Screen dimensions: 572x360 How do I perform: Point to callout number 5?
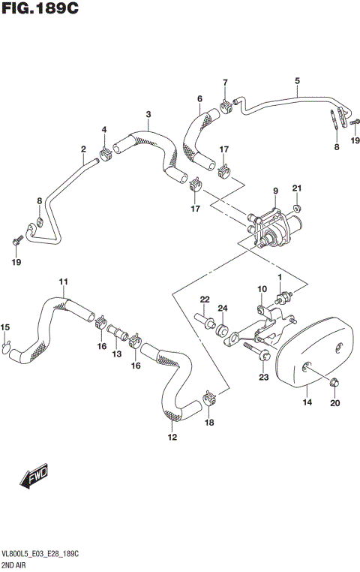tap(297, 80)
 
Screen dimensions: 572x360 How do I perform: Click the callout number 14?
tap(306, 403)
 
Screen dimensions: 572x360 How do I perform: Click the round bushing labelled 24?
tap(223, 330)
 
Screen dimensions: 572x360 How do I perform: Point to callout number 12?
tap(172, 437)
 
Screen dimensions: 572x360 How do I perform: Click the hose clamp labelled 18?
tap(209, 393)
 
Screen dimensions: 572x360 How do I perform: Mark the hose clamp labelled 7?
tap(226, 104)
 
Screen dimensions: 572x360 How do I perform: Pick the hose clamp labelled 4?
tap(106, 155)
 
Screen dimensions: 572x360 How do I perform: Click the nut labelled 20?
tap(333, 384)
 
